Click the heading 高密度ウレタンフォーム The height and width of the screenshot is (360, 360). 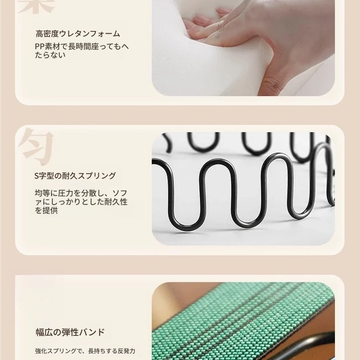click(x=77, y=34)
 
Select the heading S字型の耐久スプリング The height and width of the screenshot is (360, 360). click(x=75, y=176)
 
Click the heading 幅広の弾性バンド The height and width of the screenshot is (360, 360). click(x=70, y=332)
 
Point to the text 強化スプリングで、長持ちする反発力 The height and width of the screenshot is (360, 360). click(x=85, y=351)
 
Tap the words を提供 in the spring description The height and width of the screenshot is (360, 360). click(x=46, y=211)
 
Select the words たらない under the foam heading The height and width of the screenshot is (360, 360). click(x=50, y=55)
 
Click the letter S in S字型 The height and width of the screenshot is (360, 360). click(x=36, y=176)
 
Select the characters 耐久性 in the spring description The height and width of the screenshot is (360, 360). click(x=116, y=202)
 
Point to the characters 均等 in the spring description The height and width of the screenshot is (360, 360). click(x=42, y=193)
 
